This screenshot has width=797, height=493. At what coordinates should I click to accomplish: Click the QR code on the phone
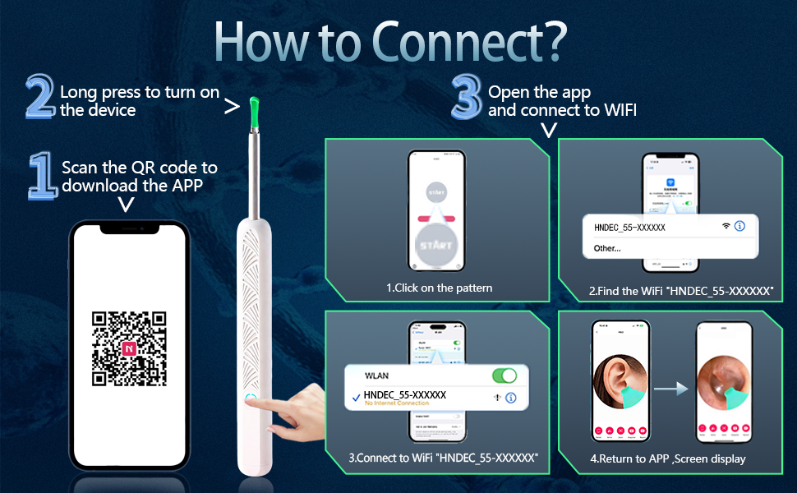(129, 348)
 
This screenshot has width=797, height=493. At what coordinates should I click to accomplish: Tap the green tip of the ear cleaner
(254, 108)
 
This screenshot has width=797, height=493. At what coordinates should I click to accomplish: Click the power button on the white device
(249, 399)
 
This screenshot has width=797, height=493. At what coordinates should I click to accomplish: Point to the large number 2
(40, 97)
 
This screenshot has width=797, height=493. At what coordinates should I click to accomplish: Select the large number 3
(466, 100)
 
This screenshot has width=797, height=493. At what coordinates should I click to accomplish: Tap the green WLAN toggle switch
(504, 376)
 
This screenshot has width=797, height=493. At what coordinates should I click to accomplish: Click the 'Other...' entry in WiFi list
(607, 247)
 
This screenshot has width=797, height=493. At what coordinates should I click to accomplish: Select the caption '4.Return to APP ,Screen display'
(667, 458)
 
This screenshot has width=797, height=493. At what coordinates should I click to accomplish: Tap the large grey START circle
(435, 246)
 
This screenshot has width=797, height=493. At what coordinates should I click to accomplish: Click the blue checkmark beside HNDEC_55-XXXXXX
(355, 397)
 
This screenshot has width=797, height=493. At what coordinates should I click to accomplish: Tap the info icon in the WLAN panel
(510, 398)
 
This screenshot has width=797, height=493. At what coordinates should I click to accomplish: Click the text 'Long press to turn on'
(139, 92)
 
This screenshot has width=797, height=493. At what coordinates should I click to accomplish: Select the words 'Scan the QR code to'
(139, 167)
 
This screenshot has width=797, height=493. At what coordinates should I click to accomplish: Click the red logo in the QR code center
(129, 348)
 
